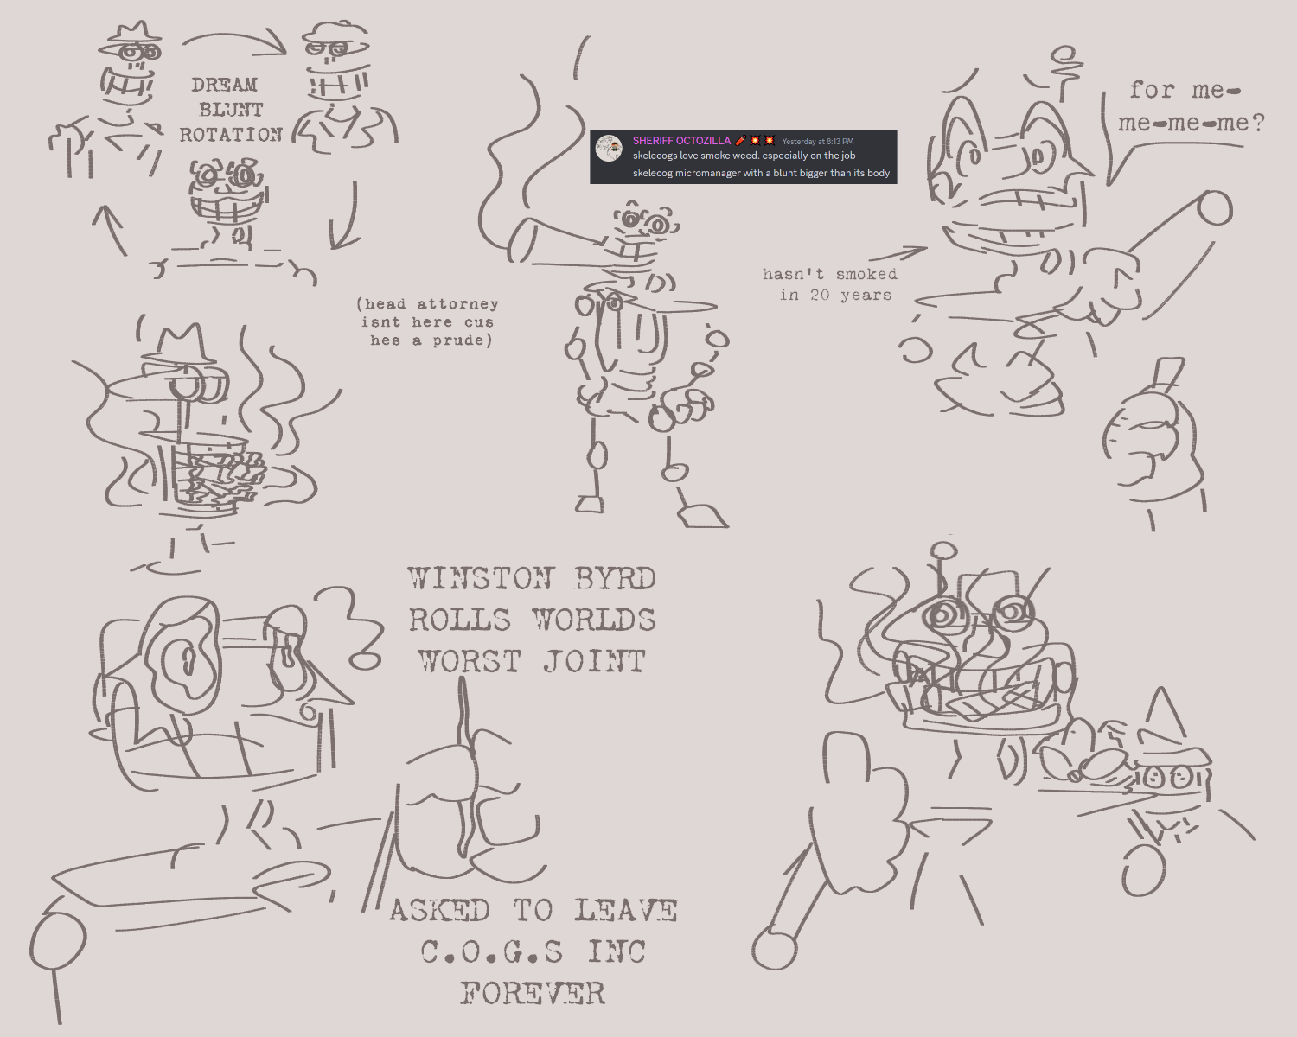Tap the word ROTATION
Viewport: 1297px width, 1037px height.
point(232,135)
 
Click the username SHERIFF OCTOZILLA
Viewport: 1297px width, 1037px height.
point(681,141)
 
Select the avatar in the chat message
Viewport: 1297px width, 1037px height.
point(609,149)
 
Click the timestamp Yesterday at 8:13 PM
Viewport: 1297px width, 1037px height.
point(818,142)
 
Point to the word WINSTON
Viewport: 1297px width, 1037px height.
point(481,578)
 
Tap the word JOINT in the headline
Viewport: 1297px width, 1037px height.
point(594,661)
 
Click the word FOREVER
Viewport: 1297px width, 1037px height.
point(532,994)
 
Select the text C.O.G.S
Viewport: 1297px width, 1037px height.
point(492,952)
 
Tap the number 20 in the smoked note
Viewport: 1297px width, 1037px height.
point(821,296)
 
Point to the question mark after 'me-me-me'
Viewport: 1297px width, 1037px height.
point(1257,124)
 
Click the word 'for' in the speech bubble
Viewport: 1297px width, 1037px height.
point(1152,91)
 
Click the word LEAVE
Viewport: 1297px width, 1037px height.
point(626,911)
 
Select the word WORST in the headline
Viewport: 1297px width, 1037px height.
point(470,661)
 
